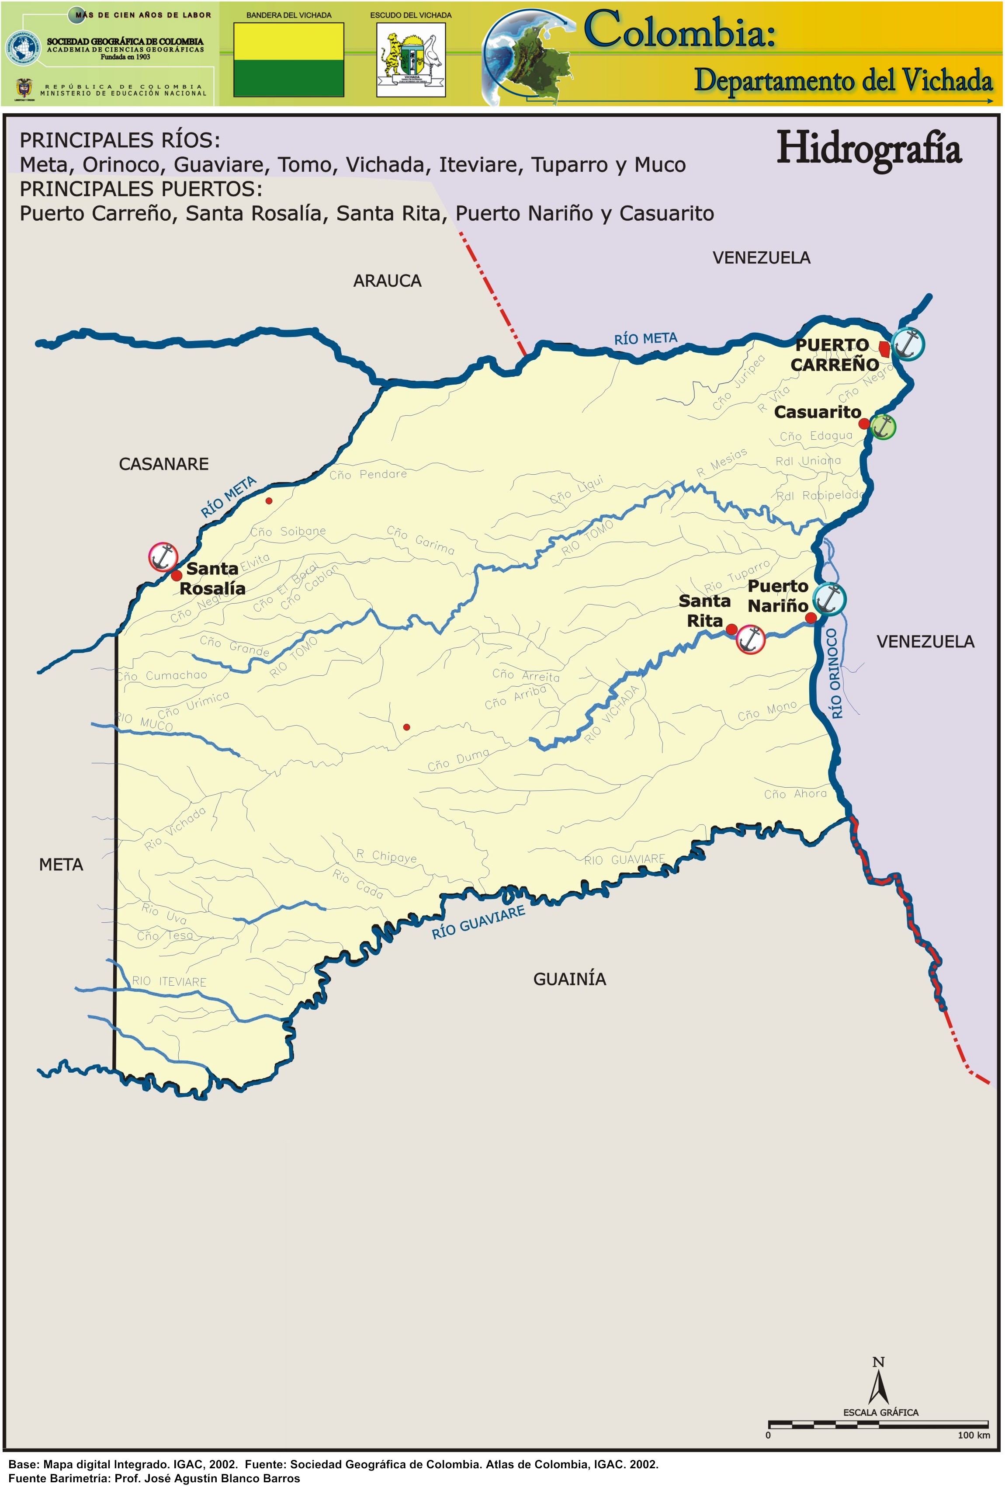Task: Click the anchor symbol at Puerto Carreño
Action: tap(908, 343)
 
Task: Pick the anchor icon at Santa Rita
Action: tap(750, 639)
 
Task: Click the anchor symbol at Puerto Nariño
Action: tap(829, 599)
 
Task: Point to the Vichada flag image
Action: tap(288, 59)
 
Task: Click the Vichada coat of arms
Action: tap(410, 59)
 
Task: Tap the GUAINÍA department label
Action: tap(569, 979)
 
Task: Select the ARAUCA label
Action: tap(387, 281)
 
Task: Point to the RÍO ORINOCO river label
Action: tap(834, 673)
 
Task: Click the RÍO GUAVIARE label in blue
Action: tap(478, 922)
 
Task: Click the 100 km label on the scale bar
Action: tap(973, 1435)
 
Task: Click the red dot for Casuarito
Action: tap(864, 424)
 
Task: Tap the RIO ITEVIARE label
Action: tap(169, 981)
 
